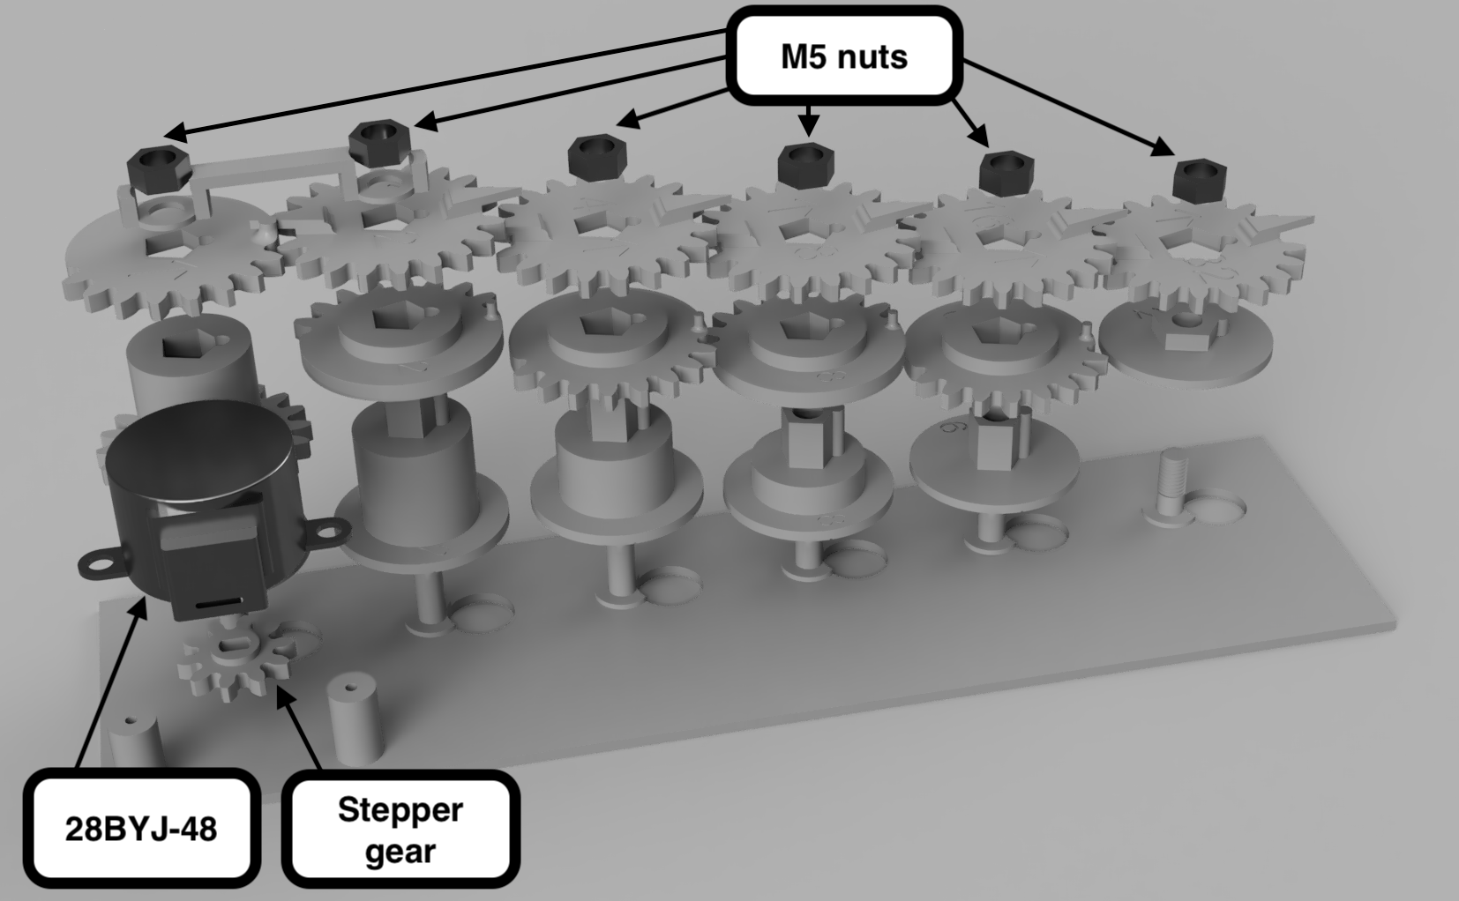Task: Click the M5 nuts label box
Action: coord(844,56)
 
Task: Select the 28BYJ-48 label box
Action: coord(141,828)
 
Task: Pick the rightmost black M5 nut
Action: coord(1199,180)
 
